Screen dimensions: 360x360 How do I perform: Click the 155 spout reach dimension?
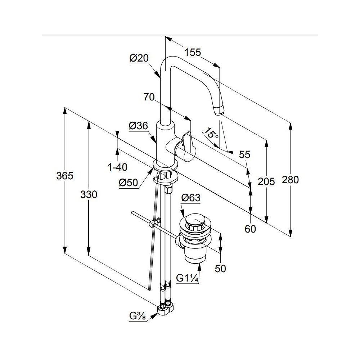point(193,52)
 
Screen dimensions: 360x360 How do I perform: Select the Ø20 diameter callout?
point(139,58)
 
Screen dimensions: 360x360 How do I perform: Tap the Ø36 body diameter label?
point(138,126)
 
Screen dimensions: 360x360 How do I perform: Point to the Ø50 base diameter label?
point(129,183)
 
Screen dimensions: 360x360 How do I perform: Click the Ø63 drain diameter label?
point(191,198)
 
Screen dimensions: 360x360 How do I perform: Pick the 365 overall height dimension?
point(65,176)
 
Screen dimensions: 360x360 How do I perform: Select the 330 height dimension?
point(89,195)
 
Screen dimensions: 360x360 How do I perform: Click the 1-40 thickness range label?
point(118,167)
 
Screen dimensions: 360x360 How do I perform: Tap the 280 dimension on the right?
point(291,180)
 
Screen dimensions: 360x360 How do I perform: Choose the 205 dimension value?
point(266,181)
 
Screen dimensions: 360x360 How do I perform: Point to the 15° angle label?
point(212,133)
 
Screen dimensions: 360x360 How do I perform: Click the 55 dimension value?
point(244,155)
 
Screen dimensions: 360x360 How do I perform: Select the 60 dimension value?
point(250,229)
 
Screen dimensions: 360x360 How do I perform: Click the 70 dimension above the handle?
point(149,97)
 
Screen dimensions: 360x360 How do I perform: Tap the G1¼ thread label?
point(187,278)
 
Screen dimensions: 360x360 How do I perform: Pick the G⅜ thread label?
point(137,316)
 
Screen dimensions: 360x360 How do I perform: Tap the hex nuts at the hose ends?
point(166,309)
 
